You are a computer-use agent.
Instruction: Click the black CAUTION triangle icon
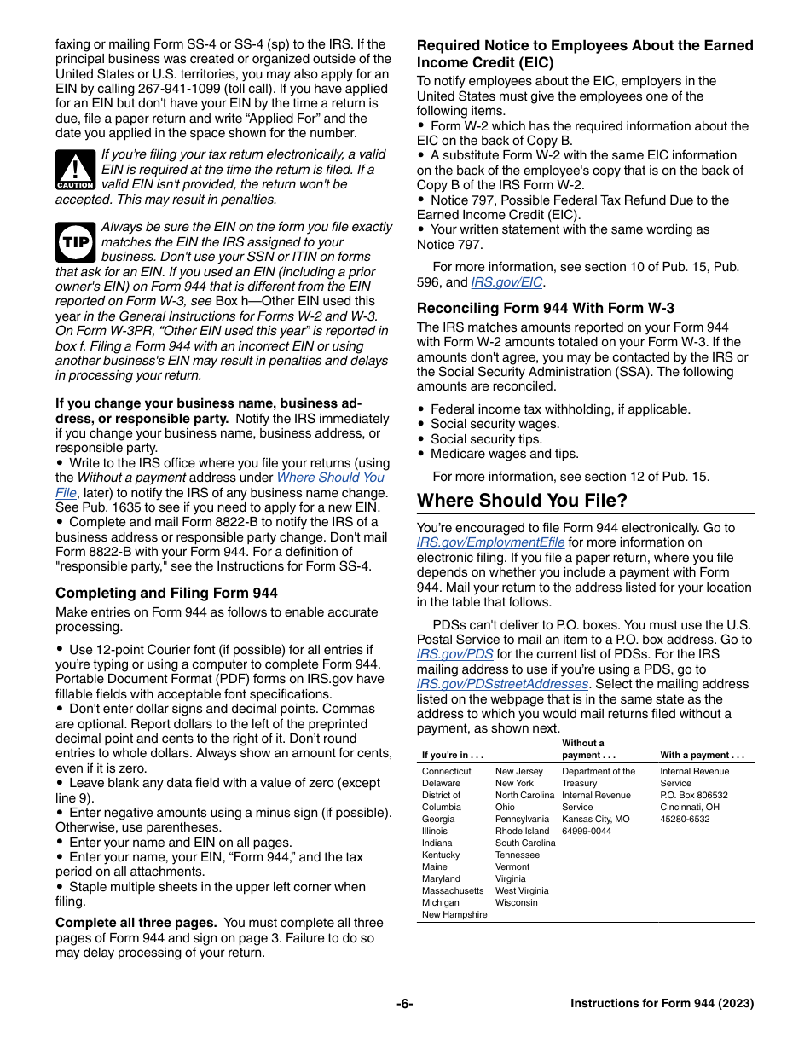pos(75,170)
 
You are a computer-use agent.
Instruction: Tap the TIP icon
pos(75,242)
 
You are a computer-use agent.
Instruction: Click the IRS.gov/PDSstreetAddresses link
pos(502,684)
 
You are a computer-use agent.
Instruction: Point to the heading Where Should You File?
pos(522,501)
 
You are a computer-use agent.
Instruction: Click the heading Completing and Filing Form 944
pos(166,593)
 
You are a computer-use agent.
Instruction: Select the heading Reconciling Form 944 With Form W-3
pos(545,309)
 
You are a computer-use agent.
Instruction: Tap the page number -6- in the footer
pos(404,1004)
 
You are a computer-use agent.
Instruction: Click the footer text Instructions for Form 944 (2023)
pos(662,1004)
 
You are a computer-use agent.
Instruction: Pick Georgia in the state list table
pos(438,819)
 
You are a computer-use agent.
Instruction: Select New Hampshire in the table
pos(454,914)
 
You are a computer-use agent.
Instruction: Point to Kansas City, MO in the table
pos(595,819)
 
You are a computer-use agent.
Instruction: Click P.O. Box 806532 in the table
pos(694,795)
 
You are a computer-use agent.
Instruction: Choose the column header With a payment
pos(702,755)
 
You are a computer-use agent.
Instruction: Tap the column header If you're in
pos(453,755)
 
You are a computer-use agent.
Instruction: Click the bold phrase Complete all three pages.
pos(136,923)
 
